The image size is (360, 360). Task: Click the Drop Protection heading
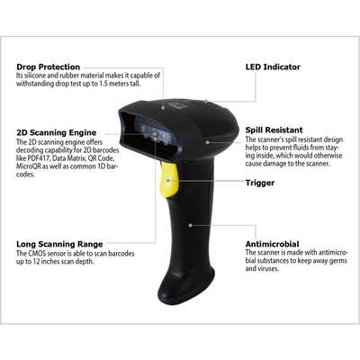coord(49,67)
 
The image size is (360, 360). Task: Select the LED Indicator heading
coord(273,67)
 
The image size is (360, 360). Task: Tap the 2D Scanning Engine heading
coord(57,132)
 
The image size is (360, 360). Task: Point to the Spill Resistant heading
coord(274,130)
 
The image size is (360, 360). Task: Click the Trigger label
coord(260,183)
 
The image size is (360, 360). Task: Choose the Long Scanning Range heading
coord(59,244)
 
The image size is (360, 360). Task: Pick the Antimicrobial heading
coord(272,244)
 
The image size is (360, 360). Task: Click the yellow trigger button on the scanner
coord(169,180)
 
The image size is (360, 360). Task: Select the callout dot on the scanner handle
coord(191,225)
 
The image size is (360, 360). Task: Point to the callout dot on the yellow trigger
coord(168,180)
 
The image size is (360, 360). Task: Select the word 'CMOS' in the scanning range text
coord(35,254)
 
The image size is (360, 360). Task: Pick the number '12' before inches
coord(36,262)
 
